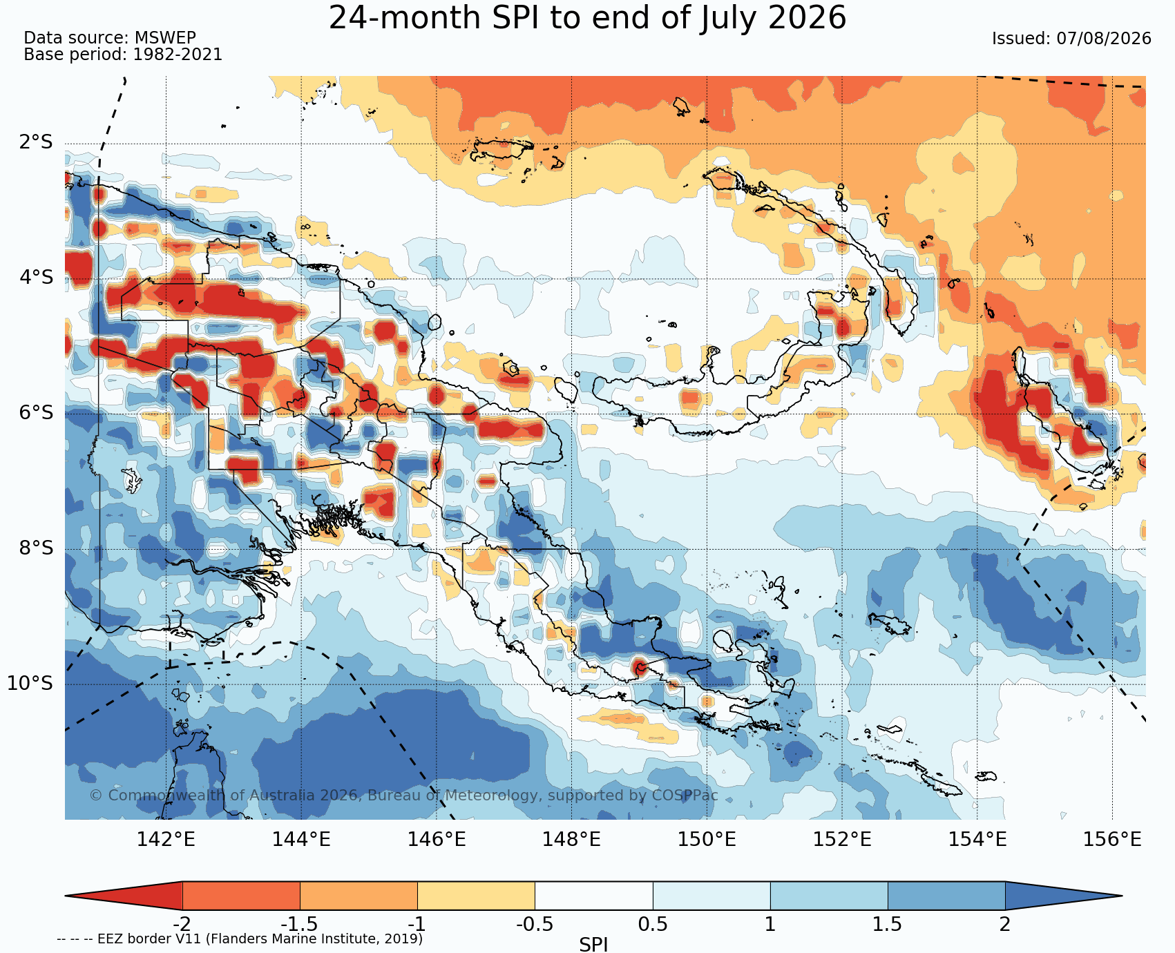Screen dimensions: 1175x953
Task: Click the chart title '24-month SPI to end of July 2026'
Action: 587,18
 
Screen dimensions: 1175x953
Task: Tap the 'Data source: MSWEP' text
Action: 110,38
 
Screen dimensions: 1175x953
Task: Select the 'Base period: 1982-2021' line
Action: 123,55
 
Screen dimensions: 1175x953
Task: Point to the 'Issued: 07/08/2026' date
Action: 1071,39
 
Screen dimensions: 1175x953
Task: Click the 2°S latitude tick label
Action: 36,143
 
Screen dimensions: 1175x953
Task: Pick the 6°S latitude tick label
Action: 36,413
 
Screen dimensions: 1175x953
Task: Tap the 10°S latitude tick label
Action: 30,684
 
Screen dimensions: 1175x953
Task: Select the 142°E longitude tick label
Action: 166,840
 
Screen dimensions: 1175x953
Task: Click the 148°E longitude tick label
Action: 571,840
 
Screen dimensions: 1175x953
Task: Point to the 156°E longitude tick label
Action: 1112,840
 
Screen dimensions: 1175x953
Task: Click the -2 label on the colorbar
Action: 182,924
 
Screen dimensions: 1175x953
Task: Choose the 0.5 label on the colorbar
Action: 653,924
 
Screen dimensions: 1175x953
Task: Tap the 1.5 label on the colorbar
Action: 888,924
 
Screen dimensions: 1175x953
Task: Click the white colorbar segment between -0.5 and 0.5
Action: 594,896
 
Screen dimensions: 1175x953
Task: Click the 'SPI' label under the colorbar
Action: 593,944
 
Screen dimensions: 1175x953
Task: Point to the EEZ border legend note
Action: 240,939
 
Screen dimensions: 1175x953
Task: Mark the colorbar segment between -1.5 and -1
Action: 359,896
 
